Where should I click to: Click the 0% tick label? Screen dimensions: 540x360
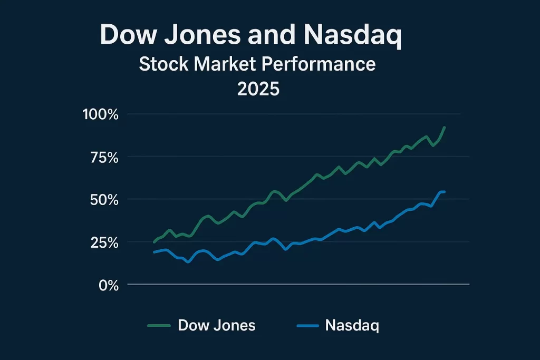[108, 285]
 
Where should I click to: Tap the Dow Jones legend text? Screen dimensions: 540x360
[217, 325]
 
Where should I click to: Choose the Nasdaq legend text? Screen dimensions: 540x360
[352, 325]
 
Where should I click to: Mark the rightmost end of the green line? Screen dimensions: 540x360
[445, 127]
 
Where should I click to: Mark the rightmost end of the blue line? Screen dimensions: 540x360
[445, 191]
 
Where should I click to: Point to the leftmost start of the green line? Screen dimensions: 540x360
[154, 242]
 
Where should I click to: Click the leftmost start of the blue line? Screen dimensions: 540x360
[154, 252]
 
